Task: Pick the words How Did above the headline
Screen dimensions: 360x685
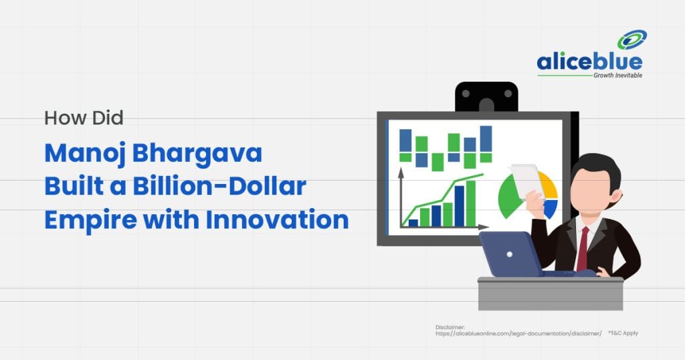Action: [84, 118]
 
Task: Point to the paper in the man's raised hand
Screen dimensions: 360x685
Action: [526, 179]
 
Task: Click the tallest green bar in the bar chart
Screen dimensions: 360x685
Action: [471, 203]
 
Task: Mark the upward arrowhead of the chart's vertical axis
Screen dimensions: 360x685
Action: [401, 172]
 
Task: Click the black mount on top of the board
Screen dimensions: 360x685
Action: [486, 96]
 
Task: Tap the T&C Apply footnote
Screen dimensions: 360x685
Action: [623, 333]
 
